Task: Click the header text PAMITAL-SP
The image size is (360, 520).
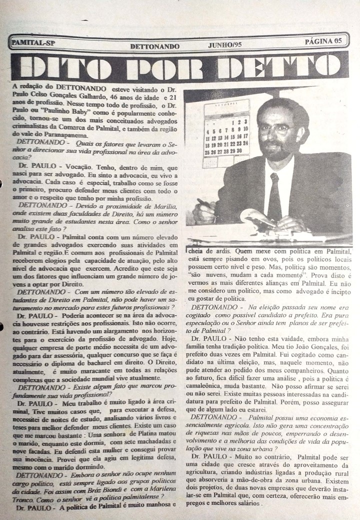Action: point(32,42)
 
